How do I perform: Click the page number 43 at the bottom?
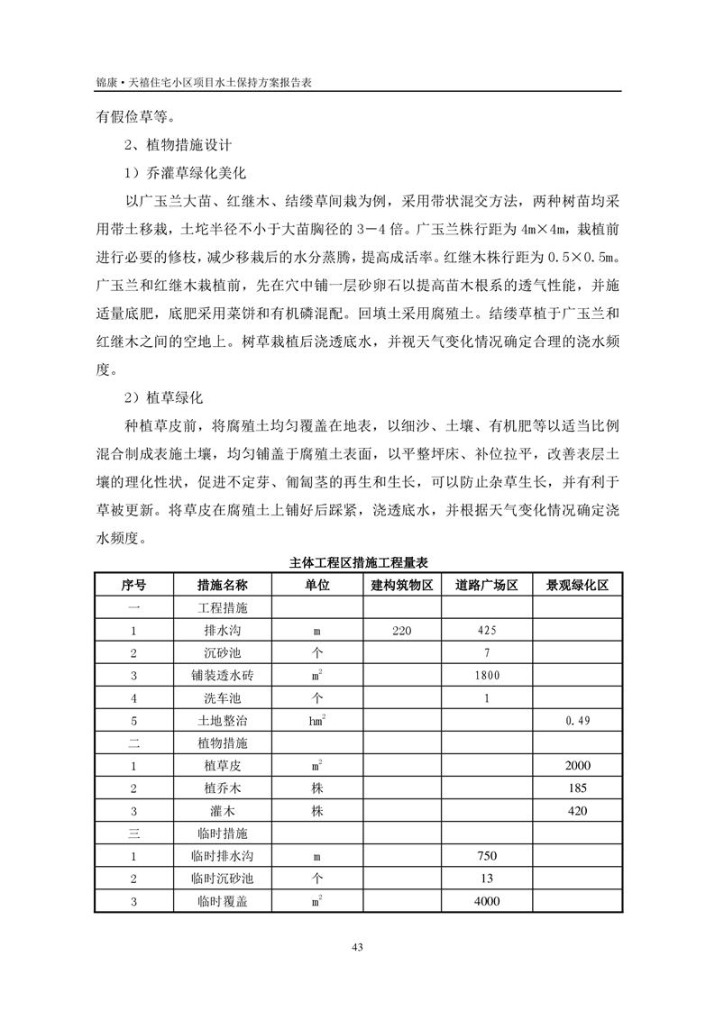coord(357,946)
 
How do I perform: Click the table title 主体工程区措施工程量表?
coord(357,562)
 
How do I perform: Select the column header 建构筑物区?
coord(402,585)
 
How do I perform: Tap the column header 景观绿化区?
coord(577,585)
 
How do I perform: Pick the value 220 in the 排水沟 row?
coord(402,631)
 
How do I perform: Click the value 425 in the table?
coord(486,631)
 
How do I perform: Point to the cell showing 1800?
coord(486,676)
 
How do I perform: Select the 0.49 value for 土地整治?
coord(577,721)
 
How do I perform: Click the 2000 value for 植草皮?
coord(577,766)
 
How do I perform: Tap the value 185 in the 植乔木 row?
coord(577,788)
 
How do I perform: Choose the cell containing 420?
coord(577,811)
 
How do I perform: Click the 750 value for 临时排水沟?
coord(486,856)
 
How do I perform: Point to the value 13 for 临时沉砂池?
coord(486,879)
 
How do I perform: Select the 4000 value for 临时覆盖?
coord(486,901)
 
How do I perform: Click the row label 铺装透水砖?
coord(222,676)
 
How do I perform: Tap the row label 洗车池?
coord(222,698)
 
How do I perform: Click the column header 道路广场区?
coord(486,585)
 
